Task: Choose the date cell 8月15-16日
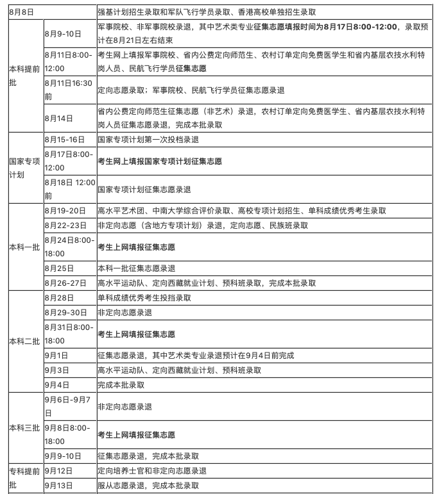tap(65, 139)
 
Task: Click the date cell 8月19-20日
tap(65, 211)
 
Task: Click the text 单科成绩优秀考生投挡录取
tap(144, 298)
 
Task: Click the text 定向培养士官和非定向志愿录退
tap(152, 471)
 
